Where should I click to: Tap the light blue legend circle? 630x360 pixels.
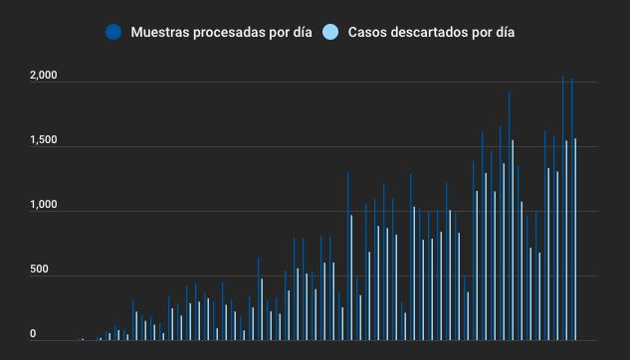point(331,32)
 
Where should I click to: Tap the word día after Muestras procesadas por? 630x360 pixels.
point(301,32)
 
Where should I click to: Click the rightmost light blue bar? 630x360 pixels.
point(575,249)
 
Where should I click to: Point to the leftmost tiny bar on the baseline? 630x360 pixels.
point(83,339)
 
